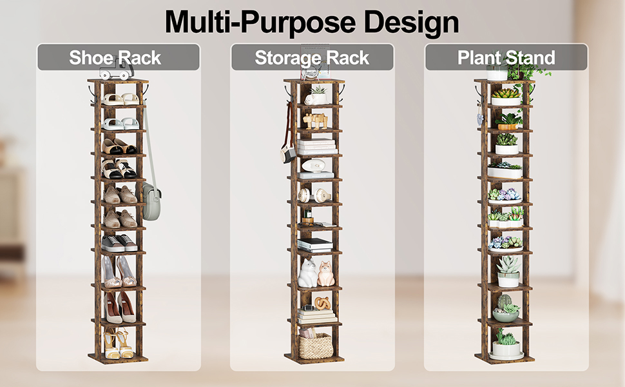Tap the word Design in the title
click(411, 23)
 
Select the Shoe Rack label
click(115, 57)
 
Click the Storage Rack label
click(312, 58)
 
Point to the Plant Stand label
click(506, 57)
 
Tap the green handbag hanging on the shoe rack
click(151, 201)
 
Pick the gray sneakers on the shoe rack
click(119, 243)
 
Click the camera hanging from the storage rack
click(288, 154)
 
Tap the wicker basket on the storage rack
click(316, 346)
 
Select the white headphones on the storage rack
click(314, 195)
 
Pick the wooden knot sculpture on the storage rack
click(322, 304)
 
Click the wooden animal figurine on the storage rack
click(315, 121)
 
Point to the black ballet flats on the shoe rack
click(119, 146)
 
